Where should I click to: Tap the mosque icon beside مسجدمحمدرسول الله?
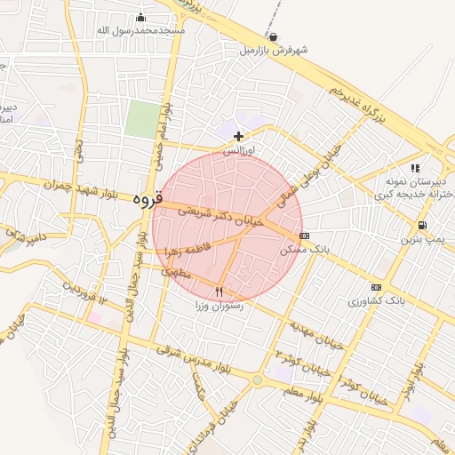[140, 18]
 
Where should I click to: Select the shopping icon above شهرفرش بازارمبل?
[273, 37]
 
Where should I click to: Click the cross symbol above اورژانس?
[238, 136]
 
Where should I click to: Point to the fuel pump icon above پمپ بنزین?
[420, 225]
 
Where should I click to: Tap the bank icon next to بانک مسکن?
[305, 236]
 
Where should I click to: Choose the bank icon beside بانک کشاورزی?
[376, 287]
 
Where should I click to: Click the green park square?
[141, 119]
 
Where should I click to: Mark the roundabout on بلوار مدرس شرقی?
[258, 380]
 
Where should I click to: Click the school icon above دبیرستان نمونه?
[414, 167]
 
